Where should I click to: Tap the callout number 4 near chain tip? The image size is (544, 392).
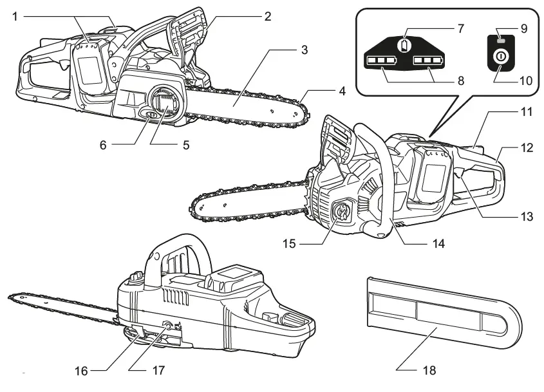(342, 92)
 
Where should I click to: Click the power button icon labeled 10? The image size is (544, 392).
(499, 58)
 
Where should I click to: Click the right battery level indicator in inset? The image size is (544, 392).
(427, 62)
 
